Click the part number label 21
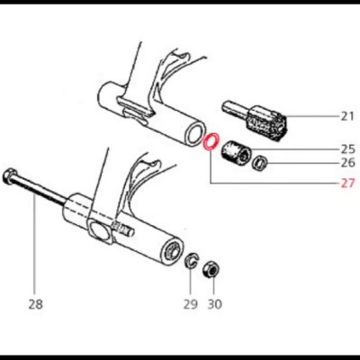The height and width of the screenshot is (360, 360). pos(347,116)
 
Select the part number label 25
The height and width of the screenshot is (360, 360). pos(347,148)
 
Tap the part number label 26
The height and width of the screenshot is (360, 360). pos(347,163)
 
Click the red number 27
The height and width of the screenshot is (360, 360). pos(347,183)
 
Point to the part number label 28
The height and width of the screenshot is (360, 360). pos(36,304)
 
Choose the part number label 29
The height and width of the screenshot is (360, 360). pos(191,304)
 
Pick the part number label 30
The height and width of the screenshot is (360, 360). pos(214,304)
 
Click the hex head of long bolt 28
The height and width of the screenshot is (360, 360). pos(8,175)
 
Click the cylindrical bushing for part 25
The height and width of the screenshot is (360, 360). pos(235,153)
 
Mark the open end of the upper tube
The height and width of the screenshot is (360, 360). pos(195,134)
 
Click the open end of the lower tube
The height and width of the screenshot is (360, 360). pos(174,251)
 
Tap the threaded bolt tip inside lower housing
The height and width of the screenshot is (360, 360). pos(121,228)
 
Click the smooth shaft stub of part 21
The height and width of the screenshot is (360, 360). pos(235,110)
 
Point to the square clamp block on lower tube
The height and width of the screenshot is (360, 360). pos(99,231)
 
